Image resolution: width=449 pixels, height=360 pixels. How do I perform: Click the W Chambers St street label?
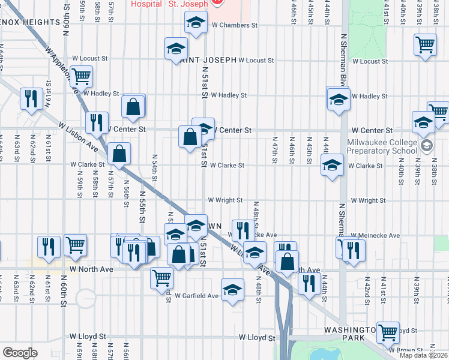point(234,26)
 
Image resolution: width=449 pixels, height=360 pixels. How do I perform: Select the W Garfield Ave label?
point(197,296)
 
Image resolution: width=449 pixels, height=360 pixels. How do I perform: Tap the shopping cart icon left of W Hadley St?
point(80,76)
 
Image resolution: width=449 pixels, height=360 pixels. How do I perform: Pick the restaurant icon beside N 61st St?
point(31,98)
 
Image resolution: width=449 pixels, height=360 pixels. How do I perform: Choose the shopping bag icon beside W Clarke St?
point(119,154)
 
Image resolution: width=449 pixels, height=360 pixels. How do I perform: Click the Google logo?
point(20,352)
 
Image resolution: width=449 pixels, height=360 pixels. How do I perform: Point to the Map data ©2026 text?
point(423,355)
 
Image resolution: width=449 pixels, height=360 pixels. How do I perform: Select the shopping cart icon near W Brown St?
point(388,331)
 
